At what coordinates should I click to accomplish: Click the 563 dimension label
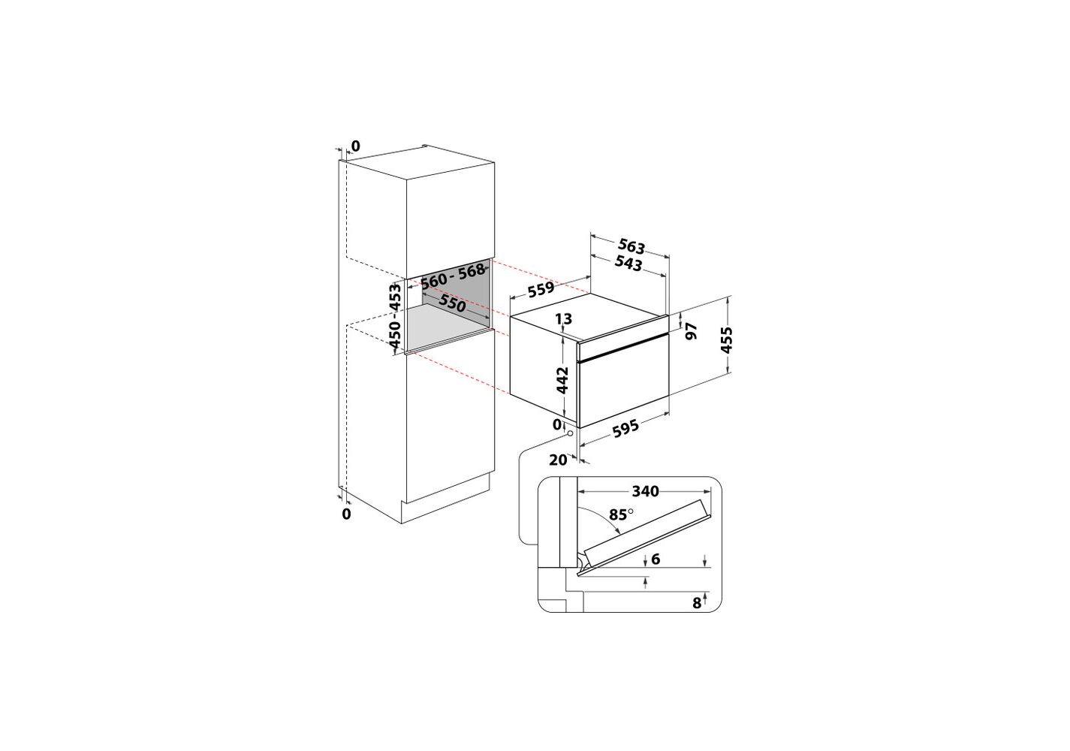pos(631,246)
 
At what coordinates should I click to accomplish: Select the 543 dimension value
pos(628,264)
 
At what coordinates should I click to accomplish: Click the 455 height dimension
pos(726,339)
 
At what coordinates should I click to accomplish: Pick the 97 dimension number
pos(692,330)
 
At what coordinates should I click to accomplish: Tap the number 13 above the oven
pos(564,318)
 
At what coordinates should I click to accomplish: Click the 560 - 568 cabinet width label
pos(452,276)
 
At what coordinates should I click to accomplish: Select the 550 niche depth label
pos(451,303)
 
